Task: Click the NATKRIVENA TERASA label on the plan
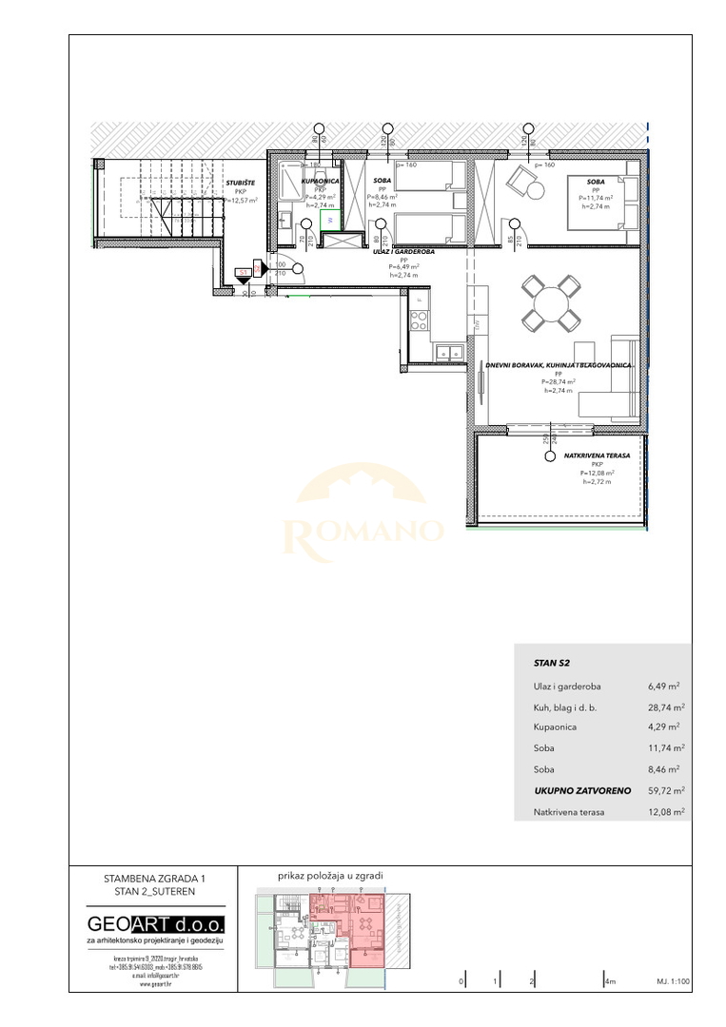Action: pyautogui.click(x=597, y=455)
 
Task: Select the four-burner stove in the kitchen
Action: pyautogui.click(x=419, y=316)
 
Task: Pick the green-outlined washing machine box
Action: pyautogui.click(x=329, y=219)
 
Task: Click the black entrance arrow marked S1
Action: pyautogui.click(x=245, y=278)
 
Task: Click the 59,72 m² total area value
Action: pyautogui.click(x=664, y=790)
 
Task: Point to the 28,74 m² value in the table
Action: pyautogui.click(x=664, y=707)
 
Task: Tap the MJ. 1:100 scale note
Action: pyautogui.click(x=672, y=980)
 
